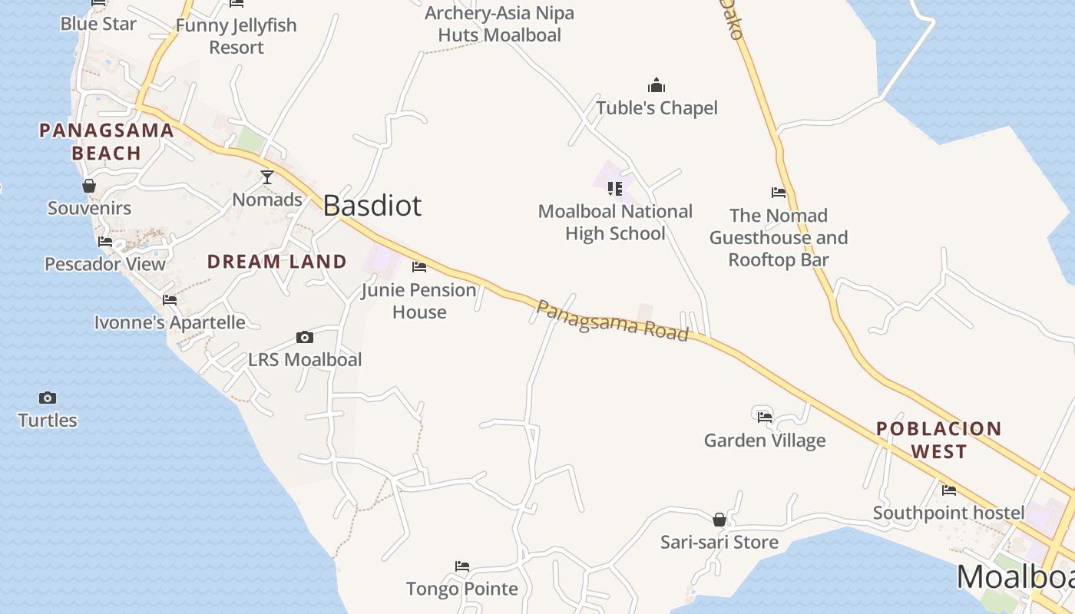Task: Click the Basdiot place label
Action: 372,206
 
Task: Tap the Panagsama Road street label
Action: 612,320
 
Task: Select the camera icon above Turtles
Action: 48,398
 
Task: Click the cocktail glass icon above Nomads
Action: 267,177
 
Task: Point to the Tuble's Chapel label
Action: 657,108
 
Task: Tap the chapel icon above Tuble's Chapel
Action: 657,85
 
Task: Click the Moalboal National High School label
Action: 615,223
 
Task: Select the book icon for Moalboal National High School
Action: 615,188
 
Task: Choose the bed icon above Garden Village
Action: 765,417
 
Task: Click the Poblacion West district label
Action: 938,440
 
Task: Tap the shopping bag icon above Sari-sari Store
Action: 719,520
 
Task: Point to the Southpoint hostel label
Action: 948,513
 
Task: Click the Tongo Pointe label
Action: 462,589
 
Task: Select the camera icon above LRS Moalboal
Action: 305,337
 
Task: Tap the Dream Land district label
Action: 277,262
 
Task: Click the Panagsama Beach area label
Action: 107,142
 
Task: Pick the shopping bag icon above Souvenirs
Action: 89,186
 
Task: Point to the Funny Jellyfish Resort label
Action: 237,36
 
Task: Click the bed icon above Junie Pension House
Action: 419,267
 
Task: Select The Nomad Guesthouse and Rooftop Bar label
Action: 779,237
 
